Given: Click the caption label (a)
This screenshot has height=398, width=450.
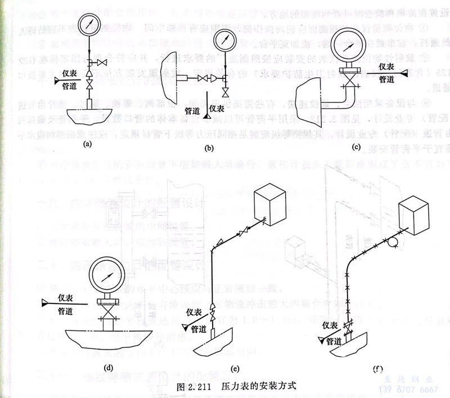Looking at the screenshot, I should (x=87, y=144).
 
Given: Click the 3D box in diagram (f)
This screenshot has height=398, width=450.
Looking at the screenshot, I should (x=417, y=213).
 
